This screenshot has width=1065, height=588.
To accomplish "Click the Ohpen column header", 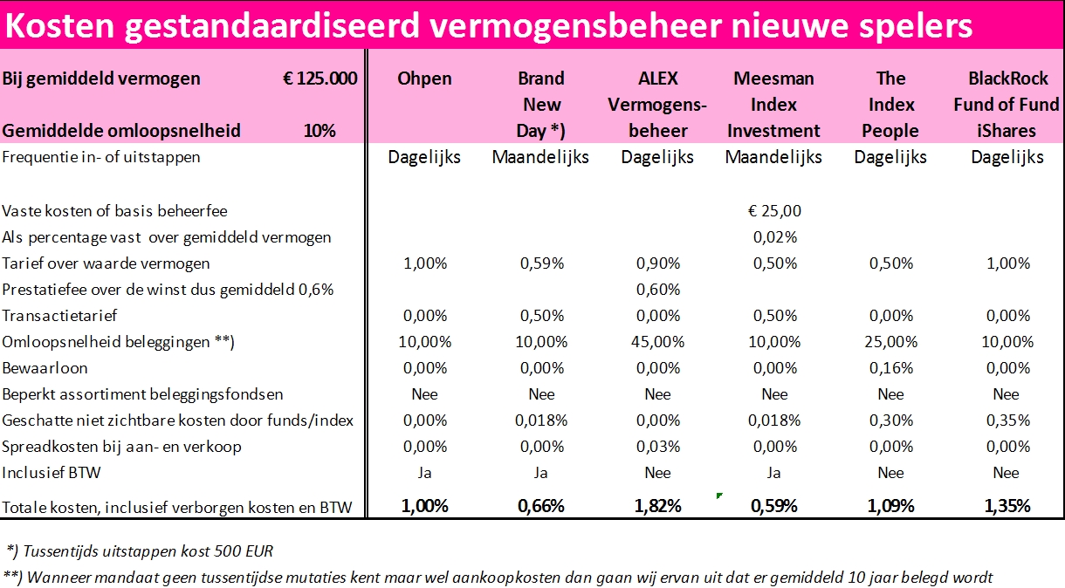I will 424,79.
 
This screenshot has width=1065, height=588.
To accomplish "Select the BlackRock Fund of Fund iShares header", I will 1007,105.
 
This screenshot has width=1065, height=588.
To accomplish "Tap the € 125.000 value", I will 319,79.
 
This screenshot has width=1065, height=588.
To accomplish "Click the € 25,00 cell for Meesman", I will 774,210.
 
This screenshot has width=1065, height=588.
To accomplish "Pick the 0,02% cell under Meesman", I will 774,236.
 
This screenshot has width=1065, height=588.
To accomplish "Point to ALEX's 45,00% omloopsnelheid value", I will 657,342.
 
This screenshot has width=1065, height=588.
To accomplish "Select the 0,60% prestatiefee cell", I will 657,289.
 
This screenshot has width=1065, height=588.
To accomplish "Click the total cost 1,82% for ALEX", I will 657,506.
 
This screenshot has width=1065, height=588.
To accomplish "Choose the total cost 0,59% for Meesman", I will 774,506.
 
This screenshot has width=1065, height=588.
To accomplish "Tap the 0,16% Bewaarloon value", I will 890,368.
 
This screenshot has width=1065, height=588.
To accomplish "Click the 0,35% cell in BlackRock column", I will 1007,420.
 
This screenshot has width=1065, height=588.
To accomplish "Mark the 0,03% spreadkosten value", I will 657,447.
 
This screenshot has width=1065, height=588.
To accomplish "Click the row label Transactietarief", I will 59,316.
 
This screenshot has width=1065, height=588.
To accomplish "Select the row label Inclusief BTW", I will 52,473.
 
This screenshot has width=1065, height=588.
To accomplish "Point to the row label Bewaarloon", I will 45,368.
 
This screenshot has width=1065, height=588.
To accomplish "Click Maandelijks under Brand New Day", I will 540,158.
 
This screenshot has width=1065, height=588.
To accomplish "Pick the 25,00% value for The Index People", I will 890,342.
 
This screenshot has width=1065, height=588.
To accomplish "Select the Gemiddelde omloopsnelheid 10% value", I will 319,132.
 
